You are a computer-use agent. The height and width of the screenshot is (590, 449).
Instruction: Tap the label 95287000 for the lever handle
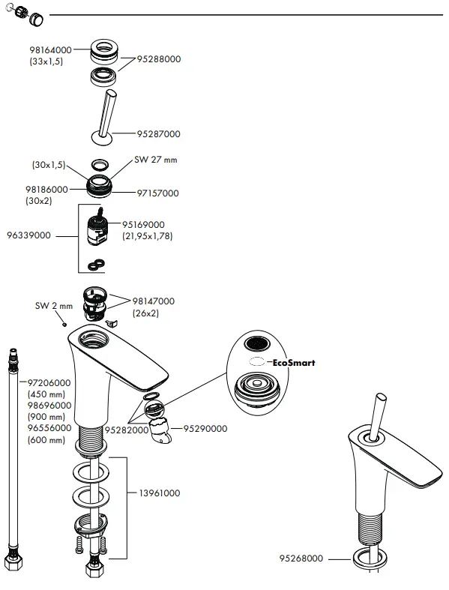158,134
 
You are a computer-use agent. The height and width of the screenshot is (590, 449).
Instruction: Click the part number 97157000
157,193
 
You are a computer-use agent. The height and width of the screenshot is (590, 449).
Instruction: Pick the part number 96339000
28,235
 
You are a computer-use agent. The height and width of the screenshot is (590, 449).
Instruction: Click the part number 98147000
153,301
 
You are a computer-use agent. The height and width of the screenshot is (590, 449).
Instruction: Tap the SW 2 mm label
54,306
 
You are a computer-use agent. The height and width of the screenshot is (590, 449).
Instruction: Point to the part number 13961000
159,493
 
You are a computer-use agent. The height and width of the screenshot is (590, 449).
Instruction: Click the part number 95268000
301,559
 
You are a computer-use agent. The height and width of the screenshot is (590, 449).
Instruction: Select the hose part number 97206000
49,382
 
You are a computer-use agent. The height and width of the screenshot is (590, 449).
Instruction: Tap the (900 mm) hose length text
46,417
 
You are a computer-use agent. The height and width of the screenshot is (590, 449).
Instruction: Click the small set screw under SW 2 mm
66,323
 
